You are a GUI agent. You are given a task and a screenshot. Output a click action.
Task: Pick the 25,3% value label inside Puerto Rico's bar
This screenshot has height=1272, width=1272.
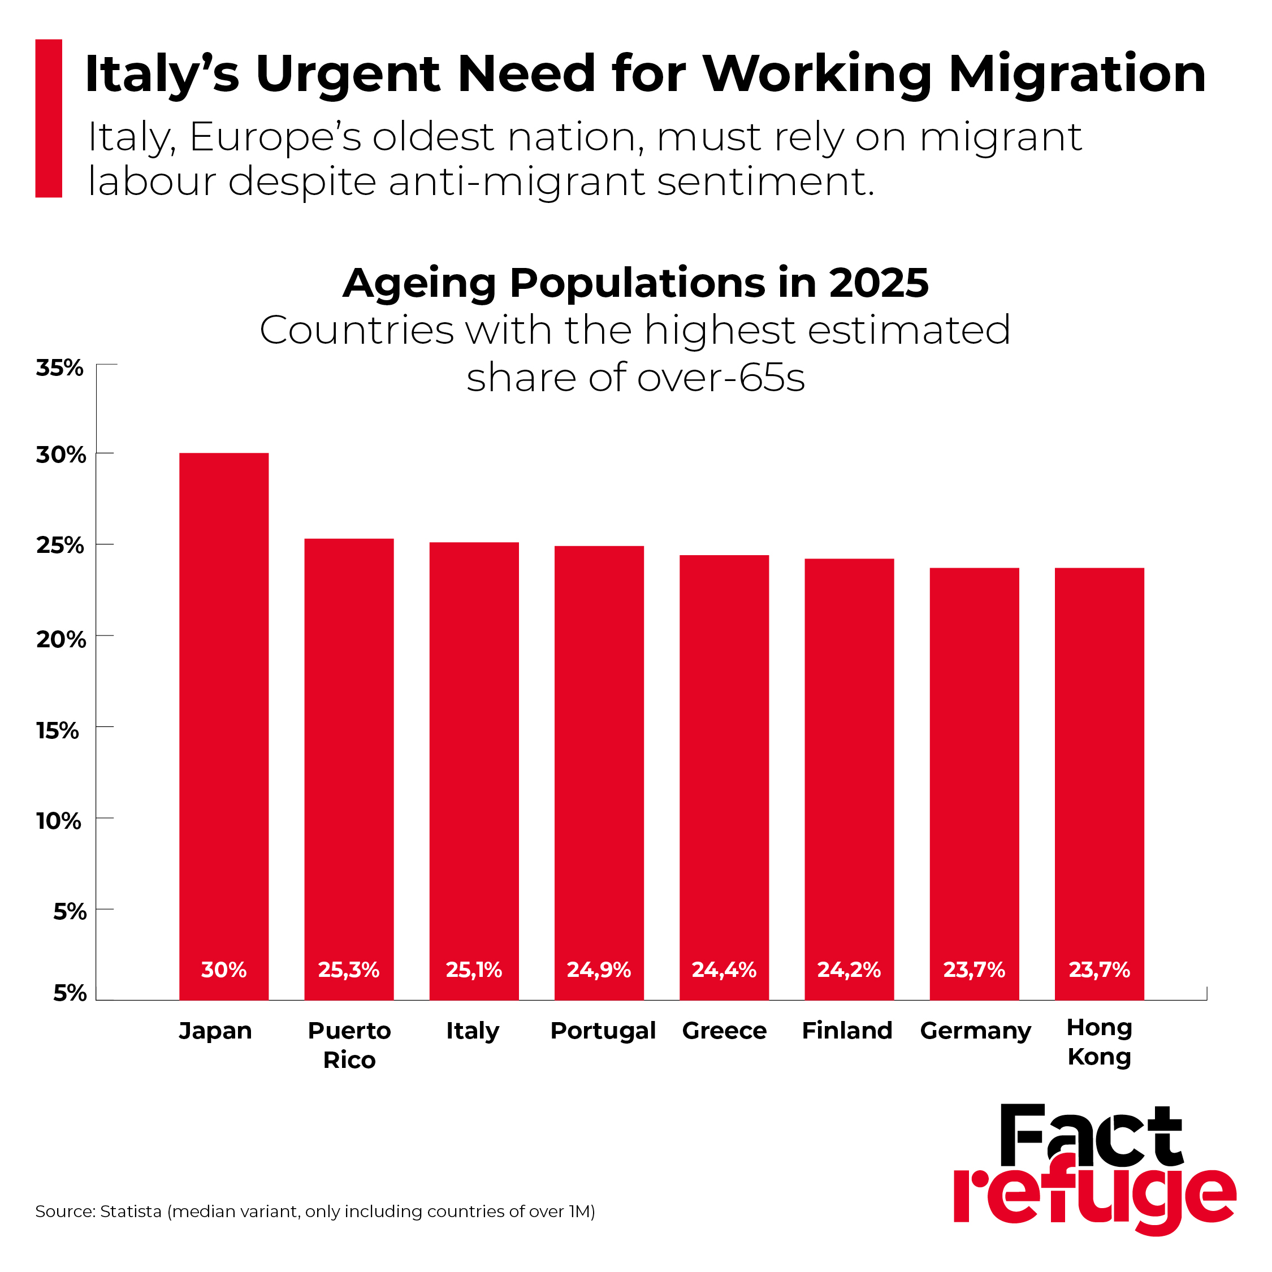(349, 970)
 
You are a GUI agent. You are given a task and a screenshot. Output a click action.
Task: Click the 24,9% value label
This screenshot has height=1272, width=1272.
(599, 970)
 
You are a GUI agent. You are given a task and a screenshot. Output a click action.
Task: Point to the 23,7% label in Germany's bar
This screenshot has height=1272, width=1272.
(975, 970)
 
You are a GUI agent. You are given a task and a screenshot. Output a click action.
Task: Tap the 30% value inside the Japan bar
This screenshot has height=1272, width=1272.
(224, 970)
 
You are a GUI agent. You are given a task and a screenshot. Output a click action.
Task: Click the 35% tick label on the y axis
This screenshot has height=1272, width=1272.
(60, 368)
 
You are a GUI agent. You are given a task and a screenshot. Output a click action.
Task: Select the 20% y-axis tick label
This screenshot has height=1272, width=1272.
(61, 639)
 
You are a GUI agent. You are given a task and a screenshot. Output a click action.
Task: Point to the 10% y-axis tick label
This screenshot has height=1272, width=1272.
(59, 821)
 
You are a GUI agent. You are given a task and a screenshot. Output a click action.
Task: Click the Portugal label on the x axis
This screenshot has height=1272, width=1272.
(603, 1031)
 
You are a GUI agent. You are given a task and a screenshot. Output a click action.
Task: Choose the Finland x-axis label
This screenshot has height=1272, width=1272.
(847, 1031)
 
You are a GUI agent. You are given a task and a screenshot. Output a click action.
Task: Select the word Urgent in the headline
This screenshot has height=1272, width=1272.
(348, 73)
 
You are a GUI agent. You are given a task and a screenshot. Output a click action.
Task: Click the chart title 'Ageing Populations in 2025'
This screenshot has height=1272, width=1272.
(636, 283)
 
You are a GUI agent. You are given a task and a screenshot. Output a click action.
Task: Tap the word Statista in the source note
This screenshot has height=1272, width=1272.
(131, 1212)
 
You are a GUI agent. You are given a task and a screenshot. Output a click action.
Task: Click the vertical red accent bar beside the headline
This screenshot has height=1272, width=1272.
(49, 119)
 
